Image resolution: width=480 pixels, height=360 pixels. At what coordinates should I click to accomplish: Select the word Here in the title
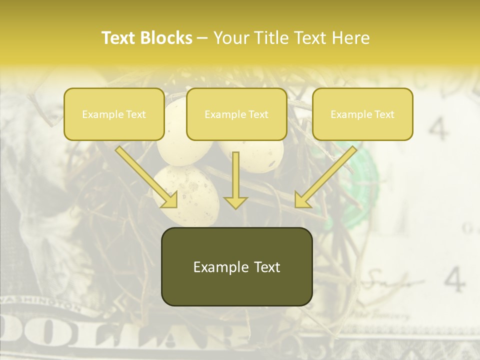click(352, 38)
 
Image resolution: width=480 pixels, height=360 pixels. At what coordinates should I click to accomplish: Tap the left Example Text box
click(114, 114)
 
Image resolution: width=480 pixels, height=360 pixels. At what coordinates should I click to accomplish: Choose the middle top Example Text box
click(236, 114)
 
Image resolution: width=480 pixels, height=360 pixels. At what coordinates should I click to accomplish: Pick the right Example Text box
click(362, 114)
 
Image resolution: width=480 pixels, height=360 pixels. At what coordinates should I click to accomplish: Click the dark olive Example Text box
click(236, 266)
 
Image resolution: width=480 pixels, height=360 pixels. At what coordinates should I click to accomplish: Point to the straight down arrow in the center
click(235, 180)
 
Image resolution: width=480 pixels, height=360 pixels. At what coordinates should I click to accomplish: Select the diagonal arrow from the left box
click(147, 177)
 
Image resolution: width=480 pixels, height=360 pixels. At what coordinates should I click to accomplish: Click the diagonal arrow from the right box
click(325, 177)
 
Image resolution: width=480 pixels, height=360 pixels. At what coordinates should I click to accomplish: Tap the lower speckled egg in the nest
click(186, 195)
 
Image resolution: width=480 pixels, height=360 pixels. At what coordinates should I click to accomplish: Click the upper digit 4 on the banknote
click(438, 129)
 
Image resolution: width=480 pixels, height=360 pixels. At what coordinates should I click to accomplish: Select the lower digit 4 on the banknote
click(454, 279)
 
